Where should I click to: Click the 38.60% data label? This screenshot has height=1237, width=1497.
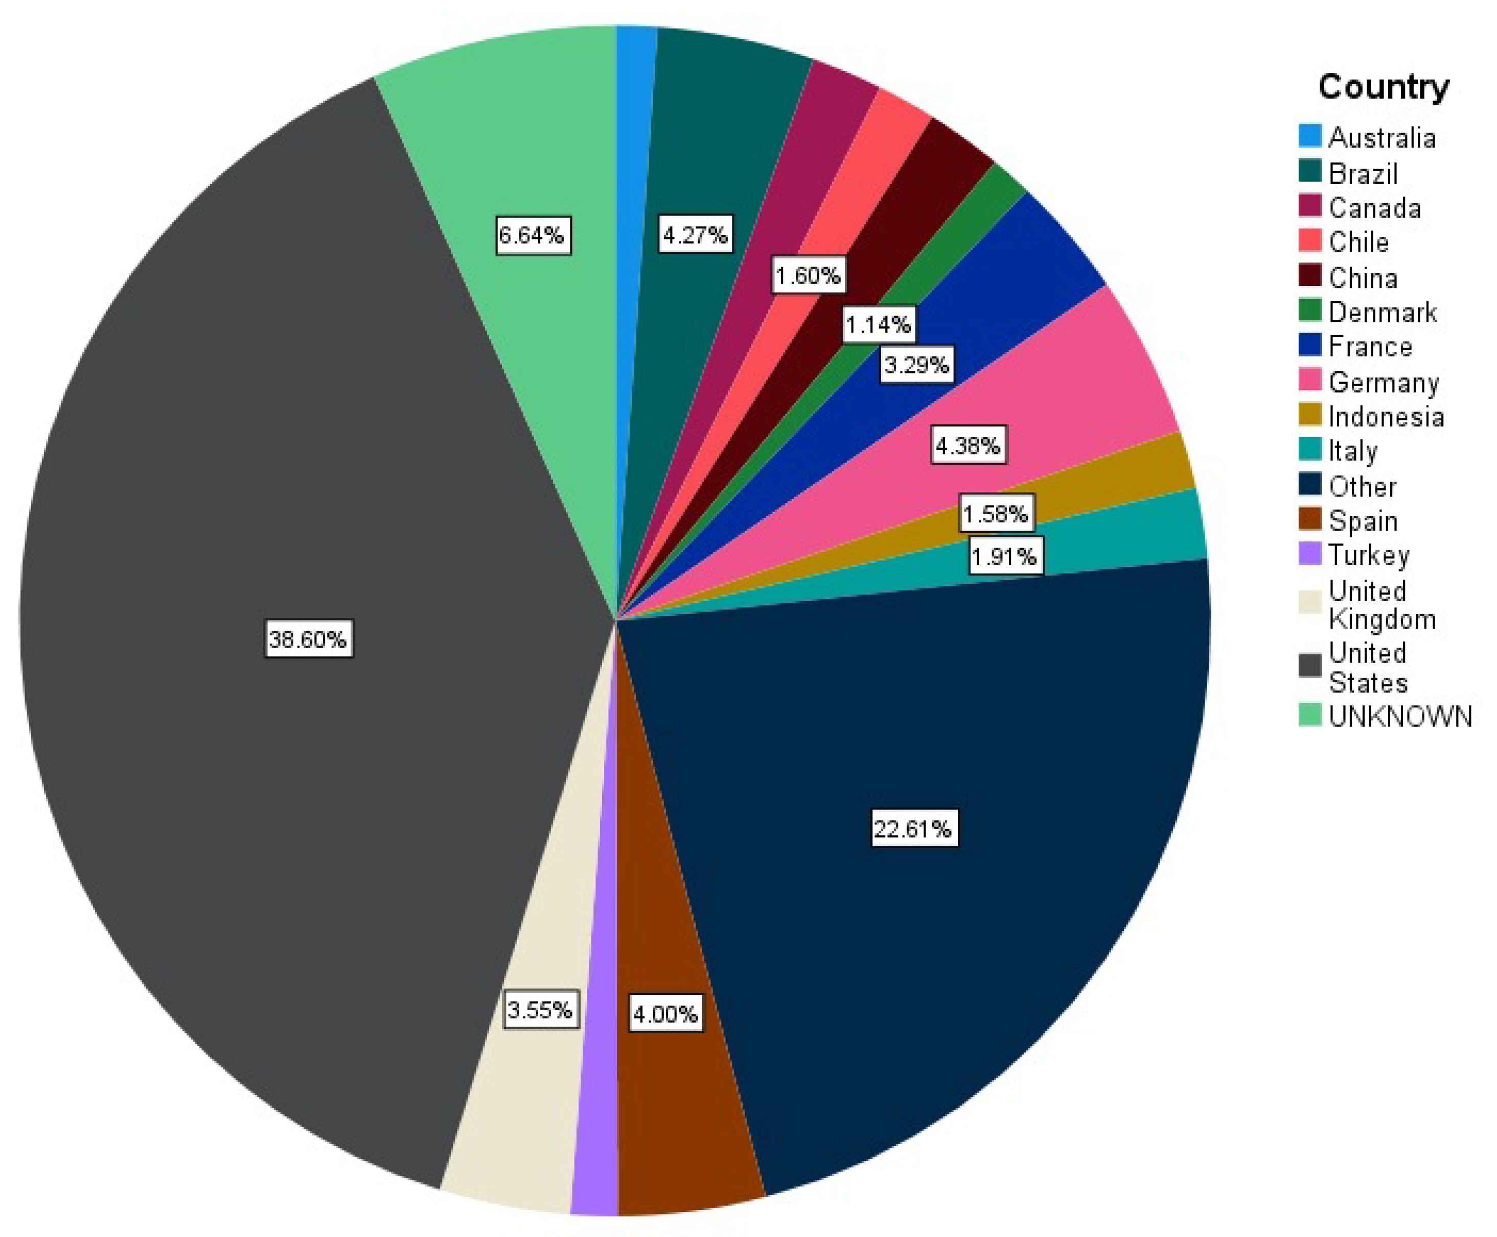click(x=308, y=638)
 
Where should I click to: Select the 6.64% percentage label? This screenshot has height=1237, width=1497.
click(x=533, y=234)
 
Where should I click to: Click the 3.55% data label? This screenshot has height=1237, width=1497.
click(x=540, y=1009)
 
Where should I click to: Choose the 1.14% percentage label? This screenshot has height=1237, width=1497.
click(x=878, y=325)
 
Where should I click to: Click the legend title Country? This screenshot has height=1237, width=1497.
click(x=1384, y=87)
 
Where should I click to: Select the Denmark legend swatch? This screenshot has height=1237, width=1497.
click(x=1310, y=311)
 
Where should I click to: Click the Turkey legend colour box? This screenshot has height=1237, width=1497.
click(x=1310, y=554)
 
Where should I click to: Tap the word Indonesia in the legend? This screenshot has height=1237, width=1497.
click(x=1387, y=416)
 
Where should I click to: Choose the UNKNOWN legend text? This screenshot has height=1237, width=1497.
click(x=1400, y=716)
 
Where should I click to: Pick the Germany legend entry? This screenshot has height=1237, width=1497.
click(x=1384, y=382)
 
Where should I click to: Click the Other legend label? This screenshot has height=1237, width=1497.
click(x=1362, y=486)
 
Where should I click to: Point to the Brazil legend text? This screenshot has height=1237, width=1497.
click(x=1363, y=173)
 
